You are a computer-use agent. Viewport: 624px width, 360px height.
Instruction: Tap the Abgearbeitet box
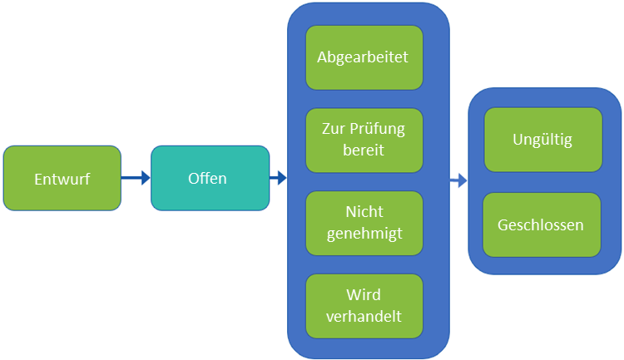pos(364,57)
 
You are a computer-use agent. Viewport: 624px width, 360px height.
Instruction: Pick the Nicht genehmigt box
pos(364,223)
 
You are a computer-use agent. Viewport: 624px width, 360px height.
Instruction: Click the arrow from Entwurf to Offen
pos(136,177)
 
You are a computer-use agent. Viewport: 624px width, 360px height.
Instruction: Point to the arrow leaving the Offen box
pos(278,177)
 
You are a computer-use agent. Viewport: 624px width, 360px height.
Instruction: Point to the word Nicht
pos(364,213)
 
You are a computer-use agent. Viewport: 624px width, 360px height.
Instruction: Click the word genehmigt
pos(364,234)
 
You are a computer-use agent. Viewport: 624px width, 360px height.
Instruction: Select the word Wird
pos(364,296)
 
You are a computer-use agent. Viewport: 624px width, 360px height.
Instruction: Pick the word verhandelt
pos(364,316)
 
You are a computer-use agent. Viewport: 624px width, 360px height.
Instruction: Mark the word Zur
pos(334,129)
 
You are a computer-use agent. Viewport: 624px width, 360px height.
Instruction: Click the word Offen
pos(207,178)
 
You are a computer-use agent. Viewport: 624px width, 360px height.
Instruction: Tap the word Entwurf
pos(62,179)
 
